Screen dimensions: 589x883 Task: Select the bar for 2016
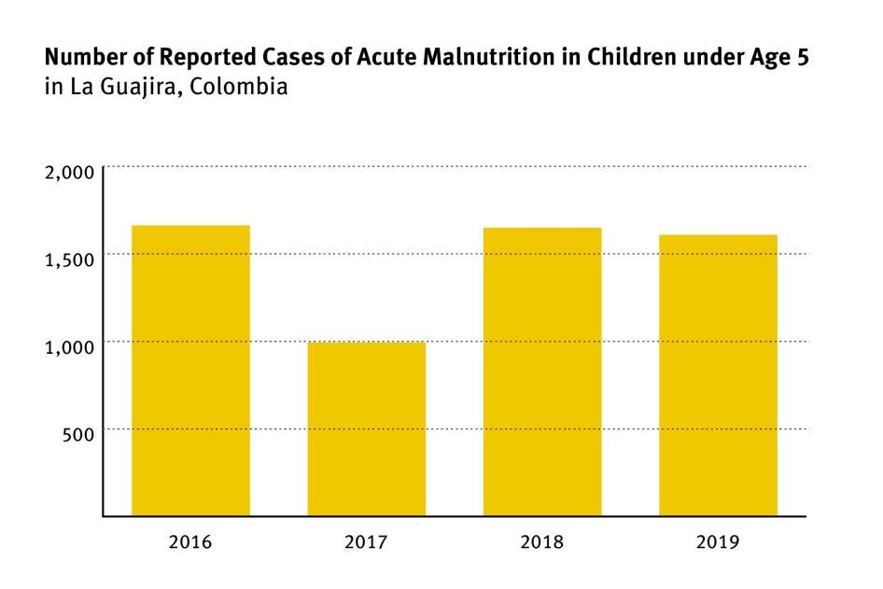190,371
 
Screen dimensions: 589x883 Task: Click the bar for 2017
367,428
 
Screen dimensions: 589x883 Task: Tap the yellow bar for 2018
542,372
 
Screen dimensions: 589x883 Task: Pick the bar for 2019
718,375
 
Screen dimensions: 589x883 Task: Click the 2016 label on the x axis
190,541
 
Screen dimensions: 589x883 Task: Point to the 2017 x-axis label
367,541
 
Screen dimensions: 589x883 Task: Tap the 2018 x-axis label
542,541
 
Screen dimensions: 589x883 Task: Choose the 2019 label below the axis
718,541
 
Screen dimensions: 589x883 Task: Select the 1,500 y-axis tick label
70,259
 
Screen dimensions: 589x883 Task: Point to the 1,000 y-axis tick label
70,347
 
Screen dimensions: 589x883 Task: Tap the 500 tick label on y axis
78,435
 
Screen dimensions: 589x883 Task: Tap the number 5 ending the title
803,59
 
